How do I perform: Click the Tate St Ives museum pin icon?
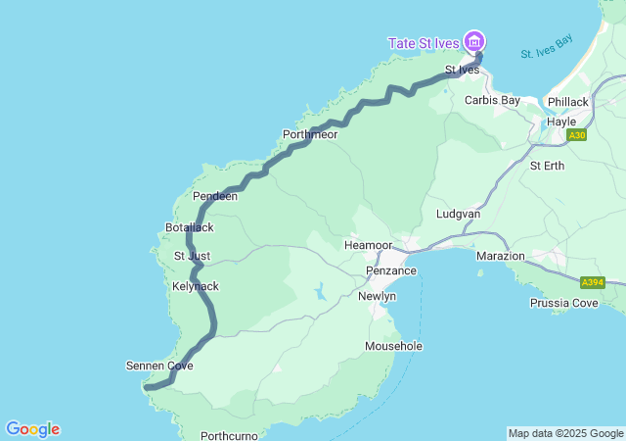click(474, 41)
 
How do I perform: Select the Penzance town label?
click(391, 270)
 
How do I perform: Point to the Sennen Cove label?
click(159, 366)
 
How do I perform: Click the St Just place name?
click(192, 256)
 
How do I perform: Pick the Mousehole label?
click(393, 346)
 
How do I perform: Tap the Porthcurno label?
click(228, 435)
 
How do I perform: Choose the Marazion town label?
click(501, 256)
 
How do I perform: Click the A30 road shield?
click(577, 135)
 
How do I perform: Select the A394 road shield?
click(592, 282)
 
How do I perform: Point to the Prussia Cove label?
click(563, 303)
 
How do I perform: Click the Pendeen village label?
click(215, 196)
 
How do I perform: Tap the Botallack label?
click(190, 227)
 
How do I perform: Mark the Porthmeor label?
click(309, 134)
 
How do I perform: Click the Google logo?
click(32, 429)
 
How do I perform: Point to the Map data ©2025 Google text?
click(564, 433)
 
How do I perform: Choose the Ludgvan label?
click(458, 213)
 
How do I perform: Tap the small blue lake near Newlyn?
click(320, 291)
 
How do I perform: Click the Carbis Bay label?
click(492, 100)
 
